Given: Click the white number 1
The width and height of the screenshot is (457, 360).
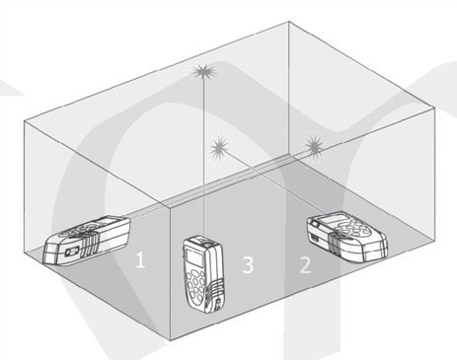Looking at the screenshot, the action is point(140,259).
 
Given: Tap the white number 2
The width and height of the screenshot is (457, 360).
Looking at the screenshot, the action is point(305,265).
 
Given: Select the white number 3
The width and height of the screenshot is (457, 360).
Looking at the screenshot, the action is point(248,265).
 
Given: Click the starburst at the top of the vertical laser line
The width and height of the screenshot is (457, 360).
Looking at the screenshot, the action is point(203,72).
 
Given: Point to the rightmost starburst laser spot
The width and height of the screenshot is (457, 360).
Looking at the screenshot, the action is point(315,145).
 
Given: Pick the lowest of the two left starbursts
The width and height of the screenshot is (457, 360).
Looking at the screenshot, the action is point(220,148).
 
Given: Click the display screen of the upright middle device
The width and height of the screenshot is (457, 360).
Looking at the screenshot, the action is point(194,257).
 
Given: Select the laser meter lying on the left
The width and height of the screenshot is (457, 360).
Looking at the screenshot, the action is point(86,240).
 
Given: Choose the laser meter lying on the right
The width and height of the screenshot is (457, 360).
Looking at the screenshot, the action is point(346,238).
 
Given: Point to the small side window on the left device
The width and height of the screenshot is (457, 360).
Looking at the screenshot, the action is point(72,252).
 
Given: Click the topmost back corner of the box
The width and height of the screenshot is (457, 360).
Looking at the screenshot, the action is point(289,22).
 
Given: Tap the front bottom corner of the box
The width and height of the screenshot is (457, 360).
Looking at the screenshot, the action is point(171,340).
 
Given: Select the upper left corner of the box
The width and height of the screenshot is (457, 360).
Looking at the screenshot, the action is point(24,121).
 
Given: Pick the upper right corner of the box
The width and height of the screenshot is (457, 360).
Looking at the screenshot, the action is point(433,110).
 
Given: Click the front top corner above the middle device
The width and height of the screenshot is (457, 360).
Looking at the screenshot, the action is point(169,207).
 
